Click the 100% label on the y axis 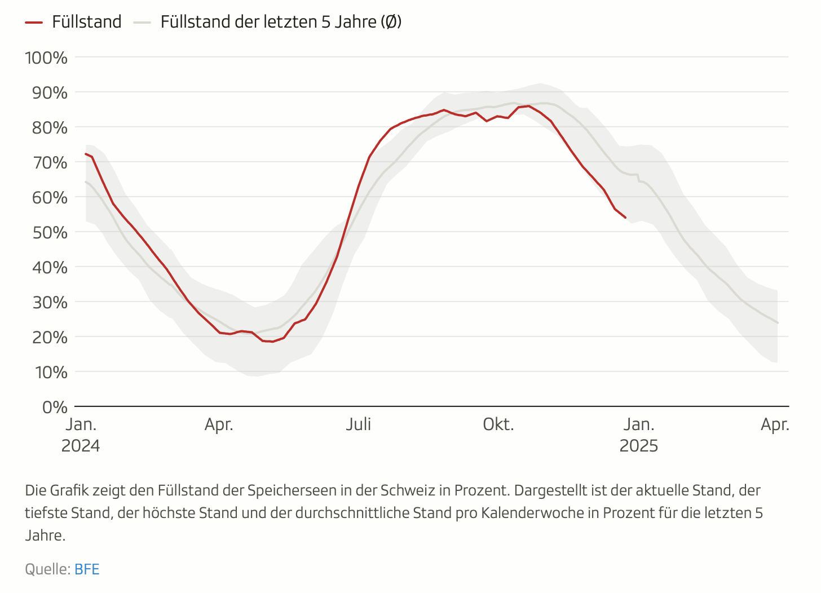(46, 57)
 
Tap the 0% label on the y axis (55, 407)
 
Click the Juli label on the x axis (359, 424)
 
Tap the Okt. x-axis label (498, 424)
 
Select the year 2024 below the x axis (81, 446)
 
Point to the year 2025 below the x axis (639, 446)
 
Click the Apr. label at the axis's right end (775, 424)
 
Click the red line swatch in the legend (34, 23)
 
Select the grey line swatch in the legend (142, 23)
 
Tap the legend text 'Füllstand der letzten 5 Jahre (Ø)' (281, 22)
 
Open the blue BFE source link (87, 569)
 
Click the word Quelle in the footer (47, 569)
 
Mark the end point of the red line (625, 218)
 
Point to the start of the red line (86, 153)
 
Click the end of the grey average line (778, 323)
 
